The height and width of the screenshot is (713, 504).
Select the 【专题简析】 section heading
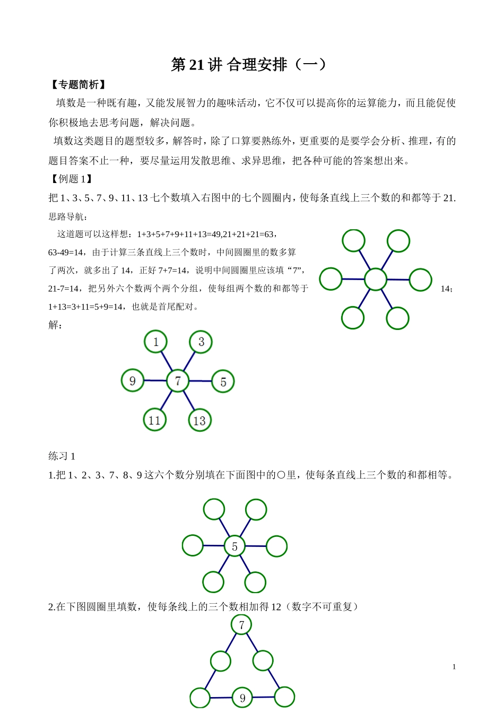click(x=78, y=85)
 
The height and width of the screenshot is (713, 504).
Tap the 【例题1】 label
click(x=71, y=179)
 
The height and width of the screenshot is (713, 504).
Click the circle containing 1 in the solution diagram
click(x=155, y=342)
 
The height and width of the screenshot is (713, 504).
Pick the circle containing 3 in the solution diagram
click(x=201, y=342)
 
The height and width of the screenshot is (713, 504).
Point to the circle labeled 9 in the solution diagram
click(x=133, y=380)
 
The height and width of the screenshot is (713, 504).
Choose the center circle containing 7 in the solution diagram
click(x=178, y=381)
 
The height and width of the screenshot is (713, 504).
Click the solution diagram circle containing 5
click(x=223, y=381)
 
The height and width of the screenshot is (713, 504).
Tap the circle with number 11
click(x=154, y=420)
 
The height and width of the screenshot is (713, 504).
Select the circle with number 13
click(x=199, y=421)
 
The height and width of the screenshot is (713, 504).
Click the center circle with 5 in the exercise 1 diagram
click(x=234, y=546)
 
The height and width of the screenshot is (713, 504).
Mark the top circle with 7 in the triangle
click(x=242, y=624)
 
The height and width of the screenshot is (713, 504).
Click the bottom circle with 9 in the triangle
click(x=242, y=698)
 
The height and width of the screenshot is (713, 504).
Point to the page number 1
click(x=454, y=667)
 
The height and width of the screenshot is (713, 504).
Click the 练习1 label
click(x=62, y=456)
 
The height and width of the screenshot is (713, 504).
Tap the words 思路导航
click(x=68, y=216)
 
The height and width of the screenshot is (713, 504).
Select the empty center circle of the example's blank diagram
click(x=376, y=279)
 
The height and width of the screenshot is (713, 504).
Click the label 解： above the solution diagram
click(x=56, y=325)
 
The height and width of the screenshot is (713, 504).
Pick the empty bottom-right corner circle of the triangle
click(x=284, y=697)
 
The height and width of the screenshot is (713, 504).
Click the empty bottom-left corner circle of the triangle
click(x=200, y=698)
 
